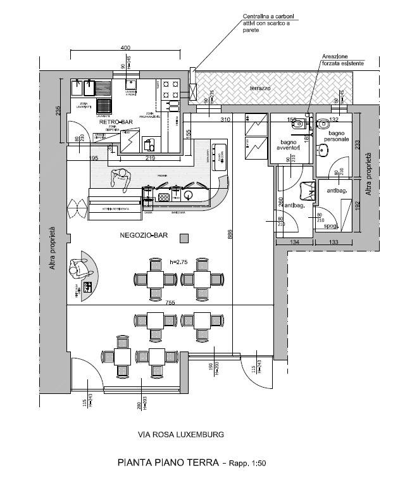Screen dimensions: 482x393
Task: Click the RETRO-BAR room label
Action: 116,122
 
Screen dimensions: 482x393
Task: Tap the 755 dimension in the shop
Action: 170,302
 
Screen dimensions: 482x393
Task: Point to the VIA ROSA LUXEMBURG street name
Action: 180,434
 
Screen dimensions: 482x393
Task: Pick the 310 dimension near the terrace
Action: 224,119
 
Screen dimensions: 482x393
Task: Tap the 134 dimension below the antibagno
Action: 295,241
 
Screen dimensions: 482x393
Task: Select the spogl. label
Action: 328,225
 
